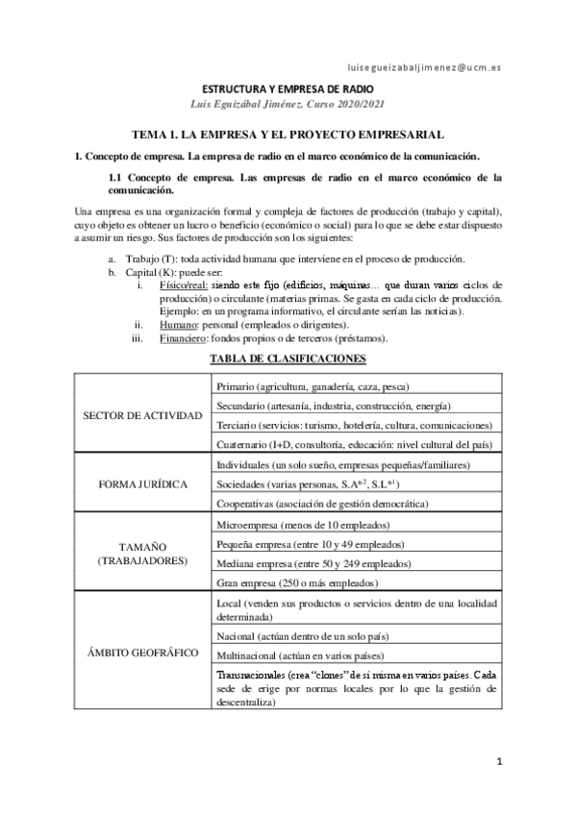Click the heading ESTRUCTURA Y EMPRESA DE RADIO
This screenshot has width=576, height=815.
[288, 88]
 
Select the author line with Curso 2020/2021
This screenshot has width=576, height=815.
[288, 104]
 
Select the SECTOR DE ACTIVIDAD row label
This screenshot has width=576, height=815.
[143, 415]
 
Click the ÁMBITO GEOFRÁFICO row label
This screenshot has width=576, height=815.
[143, 653]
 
